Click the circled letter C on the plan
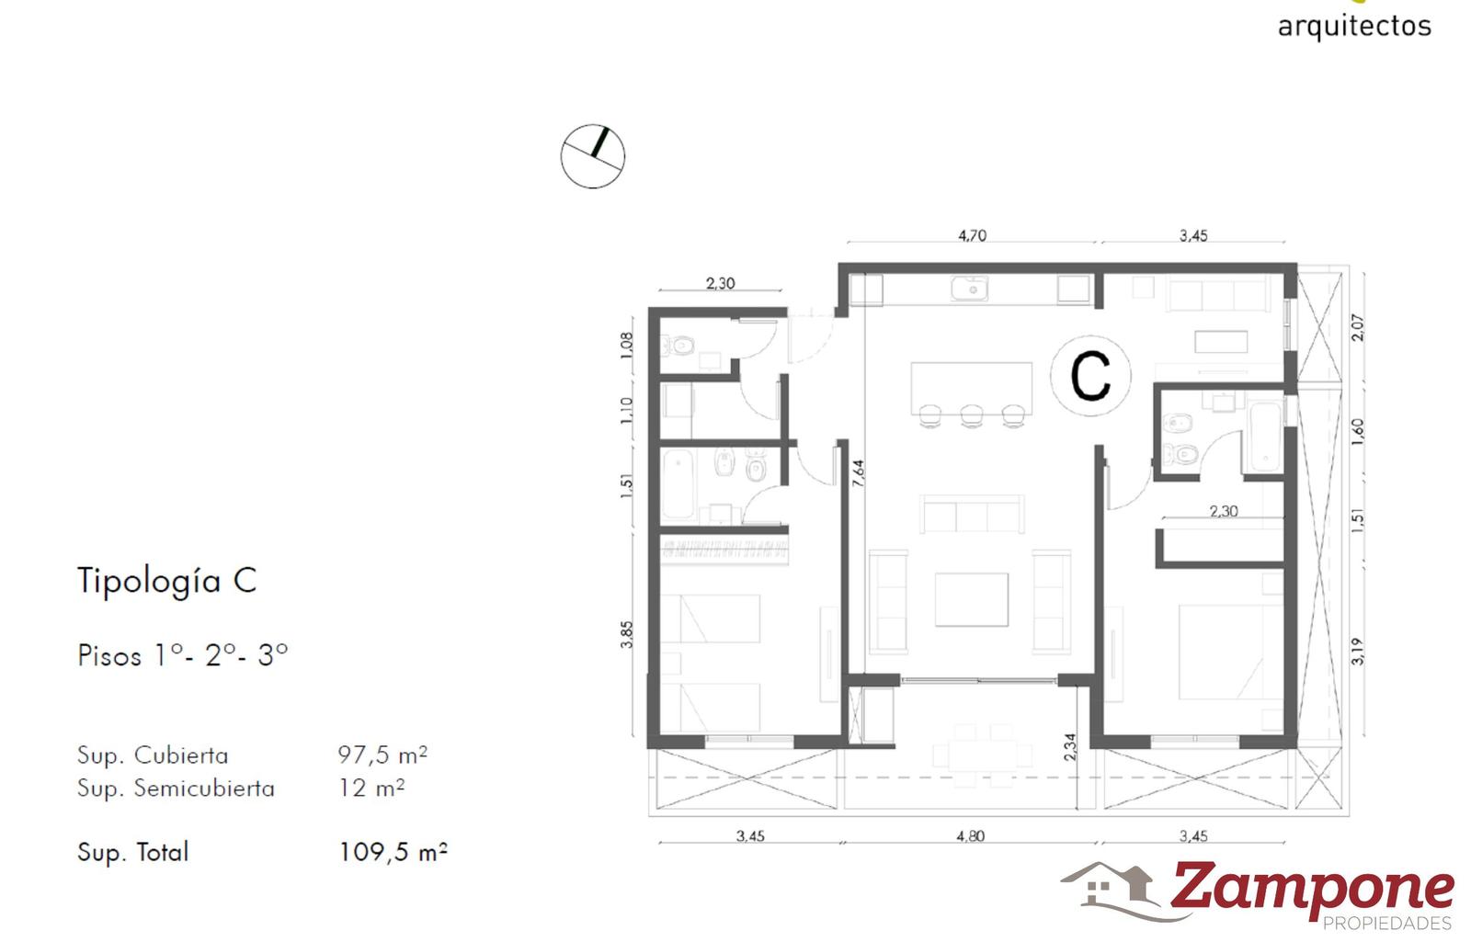point(1090,376)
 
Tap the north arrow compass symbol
point(592,156)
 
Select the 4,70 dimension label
point(972,235)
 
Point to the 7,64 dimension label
point(858,472)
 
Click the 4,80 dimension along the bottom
point(971,835)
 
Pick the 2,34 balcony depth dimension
point(1070,747)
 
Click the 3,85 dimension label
point(626,635)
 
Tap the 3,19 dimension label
point(1357,652)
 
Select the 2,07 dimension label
point(1357,327)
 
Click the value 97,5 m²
point(382,755)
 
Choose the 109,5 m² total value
point(393,852)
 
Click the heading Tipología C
point(166,581)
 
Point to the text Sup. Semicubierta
point(176,788)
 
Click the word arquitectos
point(1354,27)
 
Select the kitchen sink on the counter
point(969,289)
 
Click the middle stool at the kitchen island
point(972,414)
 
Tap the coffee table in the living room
point(971,599)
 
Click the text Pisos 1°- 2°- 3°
point(183,655)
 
